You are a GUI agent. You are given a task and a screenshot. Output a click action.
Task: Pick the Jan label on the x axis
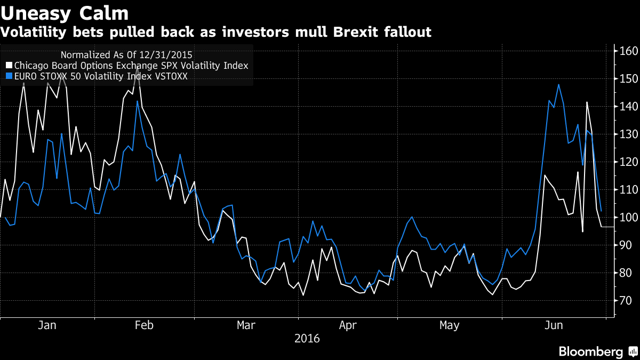[x=47, y=325]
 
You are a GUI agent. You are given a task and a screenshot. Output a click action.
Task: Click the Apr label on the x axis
[x=348, y=325]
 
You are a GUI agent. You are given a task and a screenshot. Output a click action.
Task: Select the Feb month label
[x=145, y=325]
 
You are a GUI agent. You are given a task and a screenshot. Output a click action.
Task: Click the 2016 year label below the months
[x=307, y=339]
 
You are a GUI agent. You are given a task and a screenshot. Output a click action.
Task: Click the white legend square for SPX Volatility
[x=9, y=66]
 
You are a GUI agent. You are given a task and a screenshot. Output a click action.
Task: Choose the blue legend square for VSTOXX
[x=9, y=77]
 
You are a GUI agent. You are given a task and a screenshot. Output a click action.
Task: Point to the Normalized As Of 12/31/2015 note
[x=127, y=54]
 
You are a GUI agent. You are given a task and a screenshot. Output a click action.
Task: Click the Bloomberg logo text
[x=590, y=351]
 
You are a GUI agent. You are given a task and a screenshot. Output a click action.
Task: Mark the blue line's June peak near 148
[x=558, y=84]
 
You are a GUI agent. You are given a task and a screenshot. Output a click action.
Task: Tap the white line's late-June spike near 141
[x=587, y=102]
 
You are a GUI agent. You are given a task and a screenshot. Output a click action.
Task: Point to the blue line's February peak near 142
[x=137, y=101]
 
